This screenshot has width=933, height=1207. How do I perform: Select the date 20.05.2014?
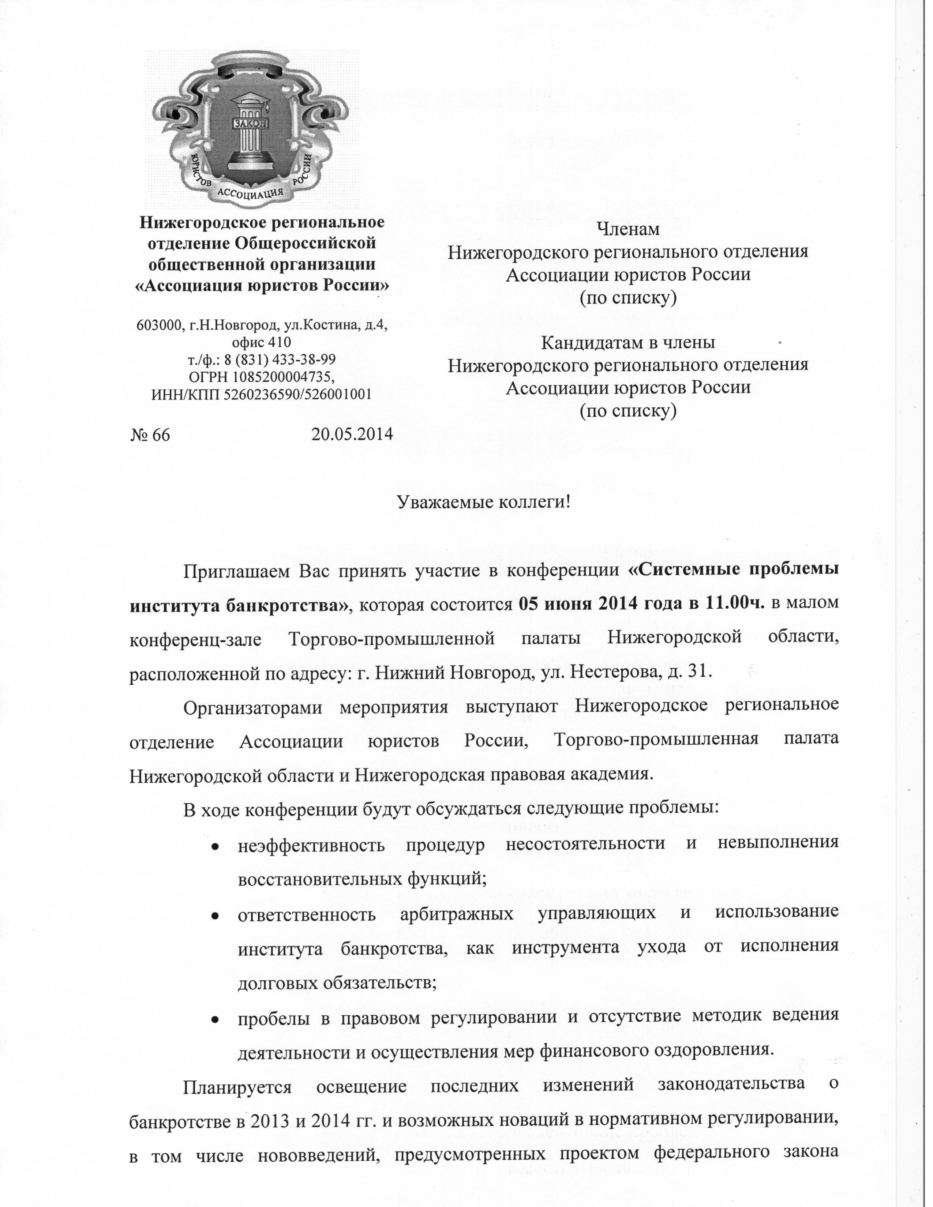point(352,434)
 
